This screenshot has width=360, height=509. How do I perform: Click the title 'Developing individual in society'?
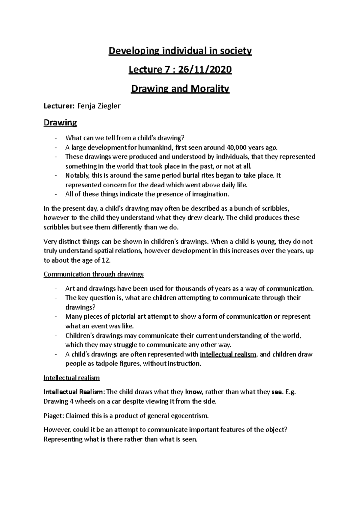(180, 51)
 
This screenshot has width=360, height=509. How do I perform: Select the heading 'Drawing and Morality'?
(180, 89)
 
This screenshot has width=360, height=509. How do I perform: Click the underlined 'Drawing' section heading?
(60, 123)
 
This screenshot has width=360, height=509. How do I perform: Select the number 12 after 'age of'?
(106, 260)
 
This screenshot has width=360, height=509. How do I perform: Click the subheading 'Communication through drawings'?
(94, 274)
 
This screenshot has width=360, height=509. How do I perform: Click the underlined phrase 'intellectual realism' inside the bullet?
(228, 354)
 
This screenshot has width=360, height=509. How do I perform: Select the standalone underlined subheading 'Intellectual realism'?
(71, 378)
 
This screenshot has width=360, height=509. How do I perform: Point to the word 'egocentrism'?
(189, 415)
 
